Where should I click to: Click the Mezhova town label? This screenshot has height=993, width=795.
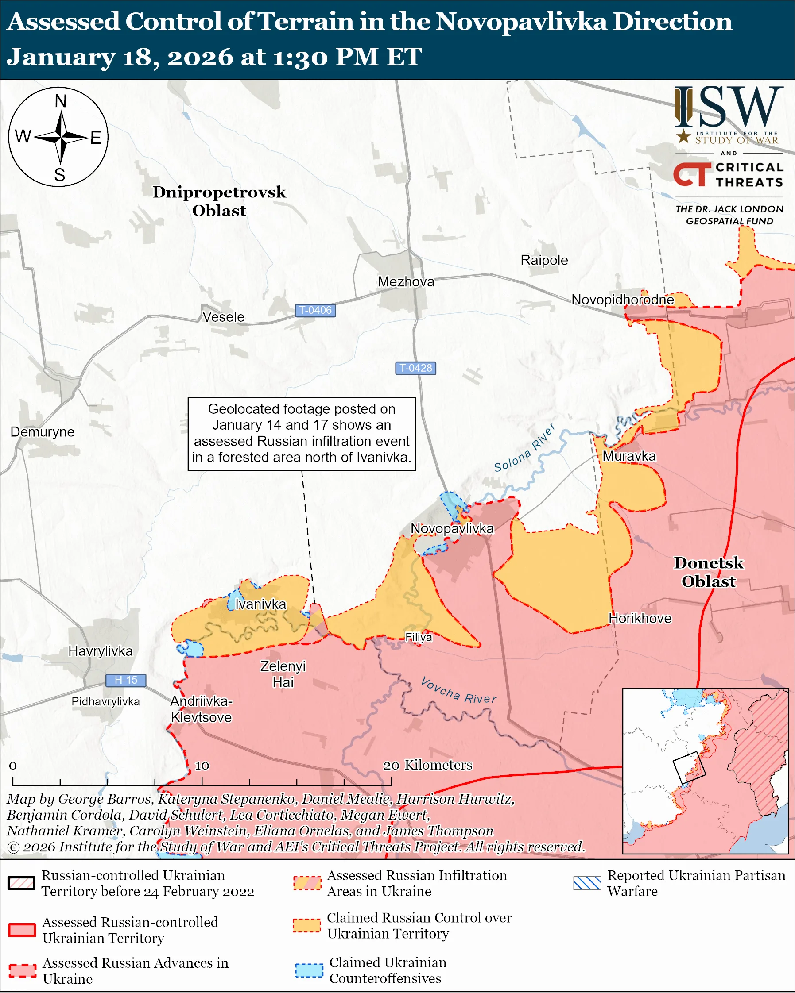[406, 281]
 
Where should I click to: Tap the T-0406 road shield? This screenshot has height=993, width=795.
[315, 311]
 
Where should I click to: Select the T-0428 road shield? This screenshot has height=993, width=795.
[415, 368]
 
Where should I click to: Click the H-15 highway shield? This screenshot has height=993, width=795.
[125, 680]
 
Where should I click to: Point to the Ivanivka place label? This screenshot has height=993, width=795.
[260, 604]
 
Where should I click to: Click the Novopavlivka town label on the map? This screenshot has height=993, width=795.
[452, 528]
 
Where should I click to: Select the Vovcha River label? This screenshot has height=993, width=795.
[458, 691]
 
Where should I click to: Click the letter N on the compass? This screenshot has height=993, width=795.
[60, 101]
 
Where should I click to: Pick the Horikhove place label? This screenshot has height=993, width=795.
[640, 618]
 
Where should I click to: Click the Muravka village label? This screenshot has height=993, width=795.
[628, 456]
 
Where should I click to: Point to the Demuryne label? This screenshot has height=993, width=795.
[43, 431]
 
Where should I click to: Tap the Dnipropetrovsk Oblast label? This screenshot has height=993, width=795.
[219, 201]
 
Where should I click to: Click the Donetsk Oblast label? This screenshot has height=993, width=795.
[708, 572]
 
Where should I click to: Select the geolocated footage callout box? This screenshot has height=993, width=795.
[302, 433]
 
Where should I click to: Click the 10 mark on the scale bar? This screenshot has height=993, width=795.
[202, 766]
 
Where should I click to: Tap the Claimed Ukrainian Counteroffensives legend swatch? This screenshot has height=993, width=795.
[309, 970]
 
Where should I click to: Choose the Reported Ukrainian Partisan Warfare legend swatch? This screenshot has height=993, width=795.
[587, 883]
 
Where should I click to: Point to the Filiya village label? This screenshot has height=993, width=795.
[419, 637]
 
